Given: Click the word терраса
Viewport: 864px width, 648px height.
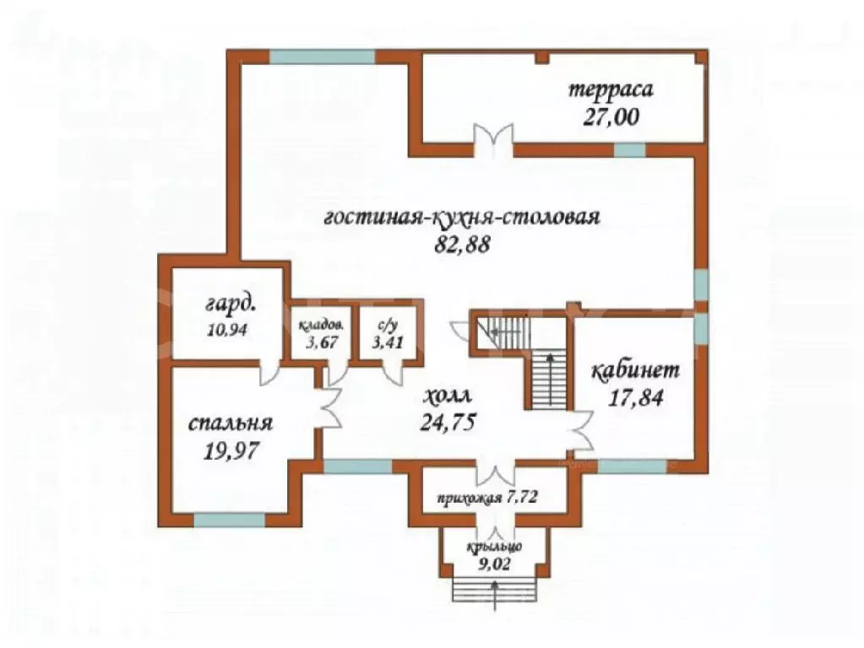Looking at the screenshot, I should click(x=611, y=89).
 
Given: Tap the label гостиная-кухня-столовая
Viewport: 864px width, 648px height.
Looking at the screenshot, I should click(x=461, y=217).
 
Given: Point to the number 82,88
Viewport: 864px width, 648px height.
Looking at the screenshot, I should click(x=460, y=244).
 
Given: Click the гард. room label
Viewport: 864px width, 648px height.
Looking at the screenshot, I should click(x=230, y=302).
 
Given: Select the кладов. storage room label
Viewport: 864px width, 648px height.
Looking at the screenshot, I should click(x=320, y=324).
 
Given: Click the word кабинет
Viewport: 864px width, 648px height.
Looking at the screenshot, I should click(x=634, y=370).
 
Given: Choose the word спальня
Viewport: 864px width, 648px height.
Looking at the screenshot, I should click(x=230, y=423).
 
